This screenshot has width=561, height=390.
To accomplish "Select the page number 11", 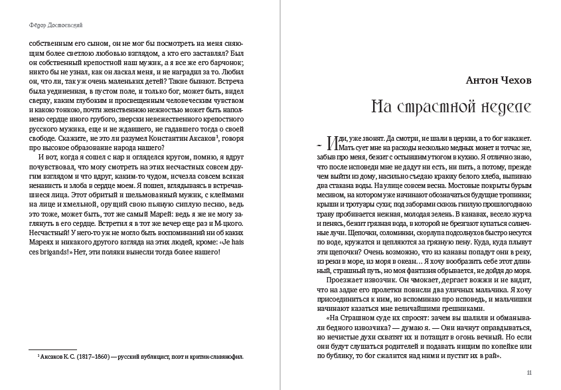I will click(529, 373).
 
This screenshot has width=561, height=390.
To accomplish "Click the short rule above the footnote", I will click(53, 349).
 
